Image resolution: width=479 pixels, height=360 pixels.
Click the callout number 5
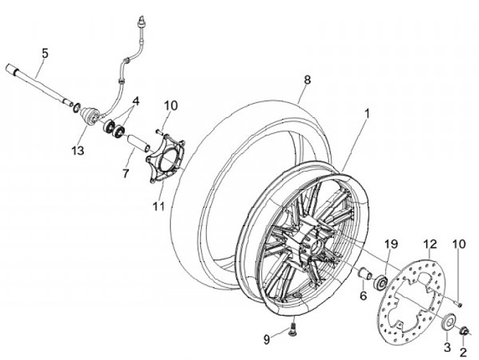(45, 52)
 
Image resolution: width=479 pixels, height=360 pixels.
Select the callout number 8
(307, 80)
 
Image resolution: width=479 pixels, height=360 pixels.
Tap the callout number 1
(365, 114)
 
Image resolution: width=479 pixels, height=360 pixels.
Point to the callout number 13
(78, 151)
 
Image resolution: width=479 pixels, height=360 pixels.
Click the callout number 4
(136, 101)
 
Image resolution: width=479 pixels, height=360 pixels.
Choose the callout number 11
(158, 207)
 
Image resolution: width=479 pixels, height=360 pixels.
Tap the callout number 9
(266, 339)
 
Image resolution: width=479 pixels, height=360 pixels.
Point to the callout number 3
(446, 347)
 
